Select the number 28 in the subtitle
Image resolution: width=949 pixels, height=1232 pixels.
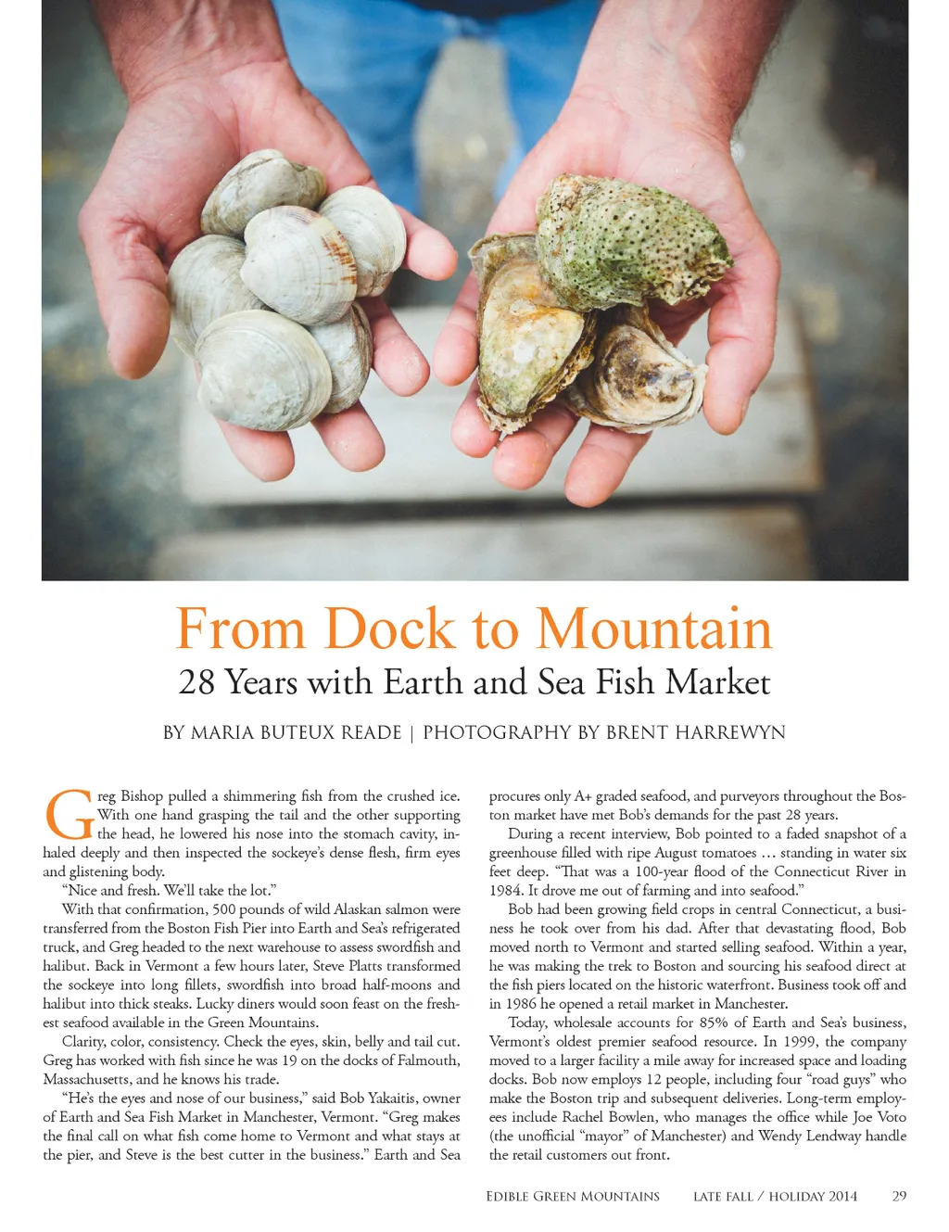tap(196, 683)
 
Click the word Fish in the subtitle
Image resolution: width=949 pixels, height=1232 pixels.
tap(626, 683)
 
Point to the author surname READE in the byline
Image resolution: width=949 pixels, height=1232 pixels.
tap(371, 733)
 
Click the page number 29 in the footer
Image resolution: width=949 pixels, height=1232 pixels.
tap(899, 1197)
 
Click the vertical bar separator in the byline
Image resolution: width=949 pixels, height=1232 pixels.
tap(411, 733)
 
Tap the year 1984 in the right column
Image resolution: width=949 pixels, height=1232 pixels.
tap(506, 891)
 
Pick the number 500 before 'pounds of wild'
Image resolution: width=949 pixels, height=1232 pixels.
tap(226, 909)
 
